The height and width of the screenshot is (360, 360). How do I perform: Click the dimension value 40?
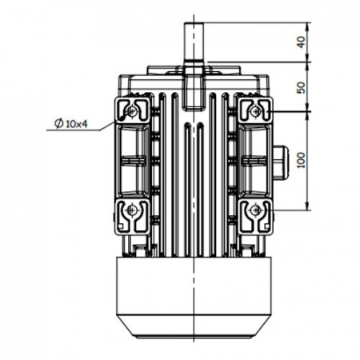click(301, 42)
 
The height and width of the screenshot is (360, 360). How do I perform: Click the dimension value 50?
click(301, 87)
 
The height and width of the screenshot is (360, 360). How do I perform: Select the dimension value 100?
click(301, 160)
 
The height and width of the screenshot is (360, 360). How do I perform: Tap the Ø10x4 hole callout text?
click(70, 123)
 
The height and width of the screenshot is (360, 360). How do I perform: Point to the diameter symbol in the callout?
click(58, 123)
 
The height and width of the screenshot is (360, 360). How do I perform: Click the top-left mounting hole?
click(132, 111)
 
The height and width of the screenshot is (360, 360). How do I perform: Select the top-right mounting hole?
click(256, 110)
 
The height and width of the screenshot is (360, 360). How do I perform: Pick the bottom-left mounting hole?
click(131, 210)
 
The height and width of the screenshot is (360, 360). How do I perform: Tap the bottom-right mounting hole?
click(256, 210)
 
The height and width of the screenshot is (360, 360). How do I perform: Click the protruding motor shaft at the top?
click(194, 42)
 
